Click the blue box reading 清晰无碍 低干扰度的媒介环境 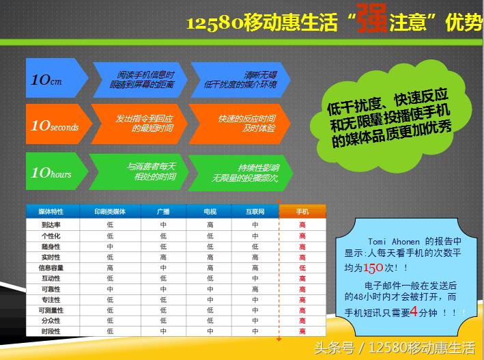(240, 80)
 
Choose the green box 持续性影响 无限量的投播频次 (240, 171)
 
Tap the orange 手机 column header (302, 212)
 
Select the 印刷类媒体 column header (110, 212)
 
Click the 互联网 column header (255, 212)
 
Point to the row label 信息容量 (51, 267)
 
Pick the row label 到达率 (51, 224)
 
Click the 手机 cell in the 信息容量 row (302, 267)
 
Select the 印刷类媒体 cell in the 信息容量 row (110, 267)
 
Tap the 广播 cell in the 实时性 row (163, 256)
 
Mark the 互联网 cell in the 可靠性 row (255, 289)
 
